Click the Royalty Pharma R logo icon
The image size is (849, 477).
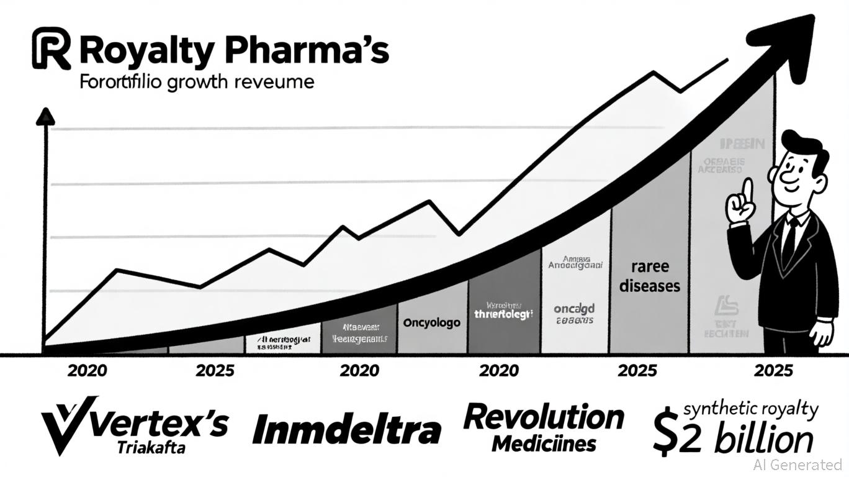50,48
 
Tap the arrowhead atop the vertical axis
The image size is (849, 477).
45,117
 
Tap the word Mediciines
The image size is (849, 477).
544,443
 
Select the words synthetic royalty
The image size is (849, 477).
750,409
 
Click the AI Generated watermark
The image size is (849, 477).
797,464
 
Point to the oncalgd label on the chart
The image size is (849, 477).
574,309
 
